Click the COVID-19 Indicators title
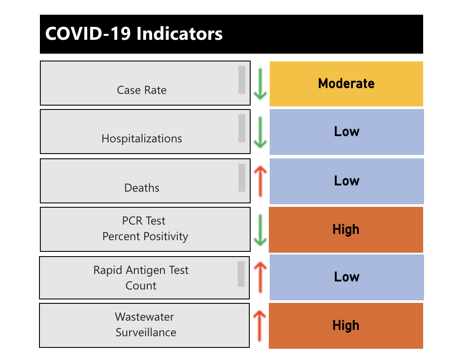tap(134, 34)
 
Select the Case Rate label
tap(142, 90)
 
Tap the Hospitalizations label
tap(142, 138)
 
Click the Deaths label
tap(142, 188)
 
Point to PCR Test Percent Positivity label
tap(145, 229)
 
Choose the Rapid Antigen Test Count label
tap(141, 278)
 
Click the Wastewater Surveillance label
tap(145, 325)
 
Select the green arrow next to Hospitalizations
tap(260, 132)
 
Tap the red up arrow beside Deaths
tap(260, 181)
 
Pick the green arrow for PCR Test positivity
tap(260, 230)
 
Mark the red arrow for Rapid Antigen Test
tap(260, 277)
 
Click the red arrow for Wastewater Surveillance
tap(259, 326)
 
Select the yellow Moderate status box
tap(346, 84)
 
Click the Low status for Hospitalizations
tap(346, 132)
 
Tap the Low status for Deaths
tap(346, 181)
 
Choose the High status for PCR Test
tap(346, 230)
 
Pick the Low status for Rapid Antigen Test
tap(346, 277)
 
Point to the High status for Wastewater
tap(346, 326)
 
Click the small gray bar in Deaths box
tap(242, 177)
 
